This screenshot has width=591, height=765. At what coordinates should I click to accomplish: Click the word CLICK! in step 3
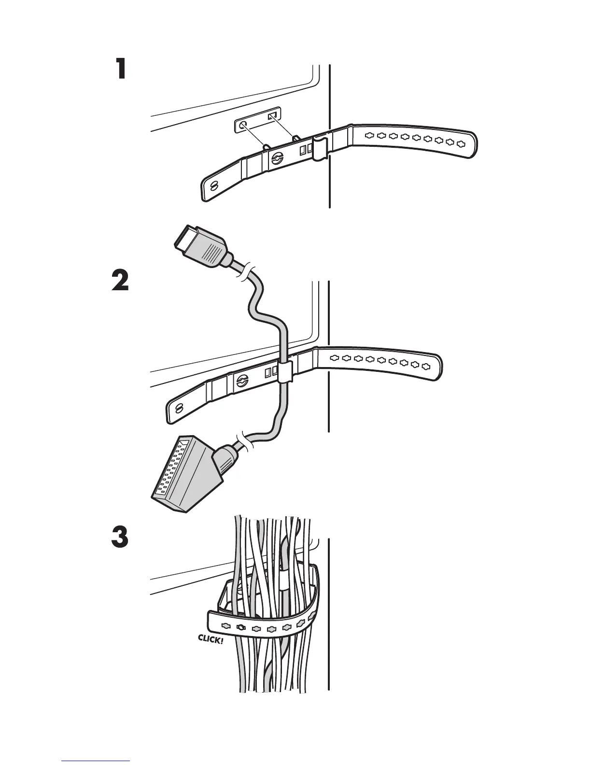(211, 639)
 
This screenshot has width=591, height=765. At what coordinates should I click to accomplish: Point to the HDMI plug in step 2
(200, 247)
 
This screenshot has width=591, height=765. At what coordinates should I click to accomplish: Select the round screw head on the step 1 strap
(277, 158)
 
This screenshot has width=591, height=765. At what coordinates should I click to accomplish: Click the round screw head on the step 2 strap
(243, 381)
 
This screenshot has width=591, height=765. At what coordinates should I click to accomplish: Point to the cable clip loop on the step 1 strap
(319, 148)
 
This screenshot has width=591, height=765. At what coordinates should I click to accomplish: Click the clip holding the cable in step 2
(285, 370)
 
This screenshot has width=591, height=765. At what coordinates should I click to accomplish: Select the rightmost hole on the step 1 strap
(461, 143)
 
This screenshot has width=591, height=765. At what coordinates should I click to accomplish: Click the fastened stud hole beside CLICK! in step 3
(241, 628)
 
